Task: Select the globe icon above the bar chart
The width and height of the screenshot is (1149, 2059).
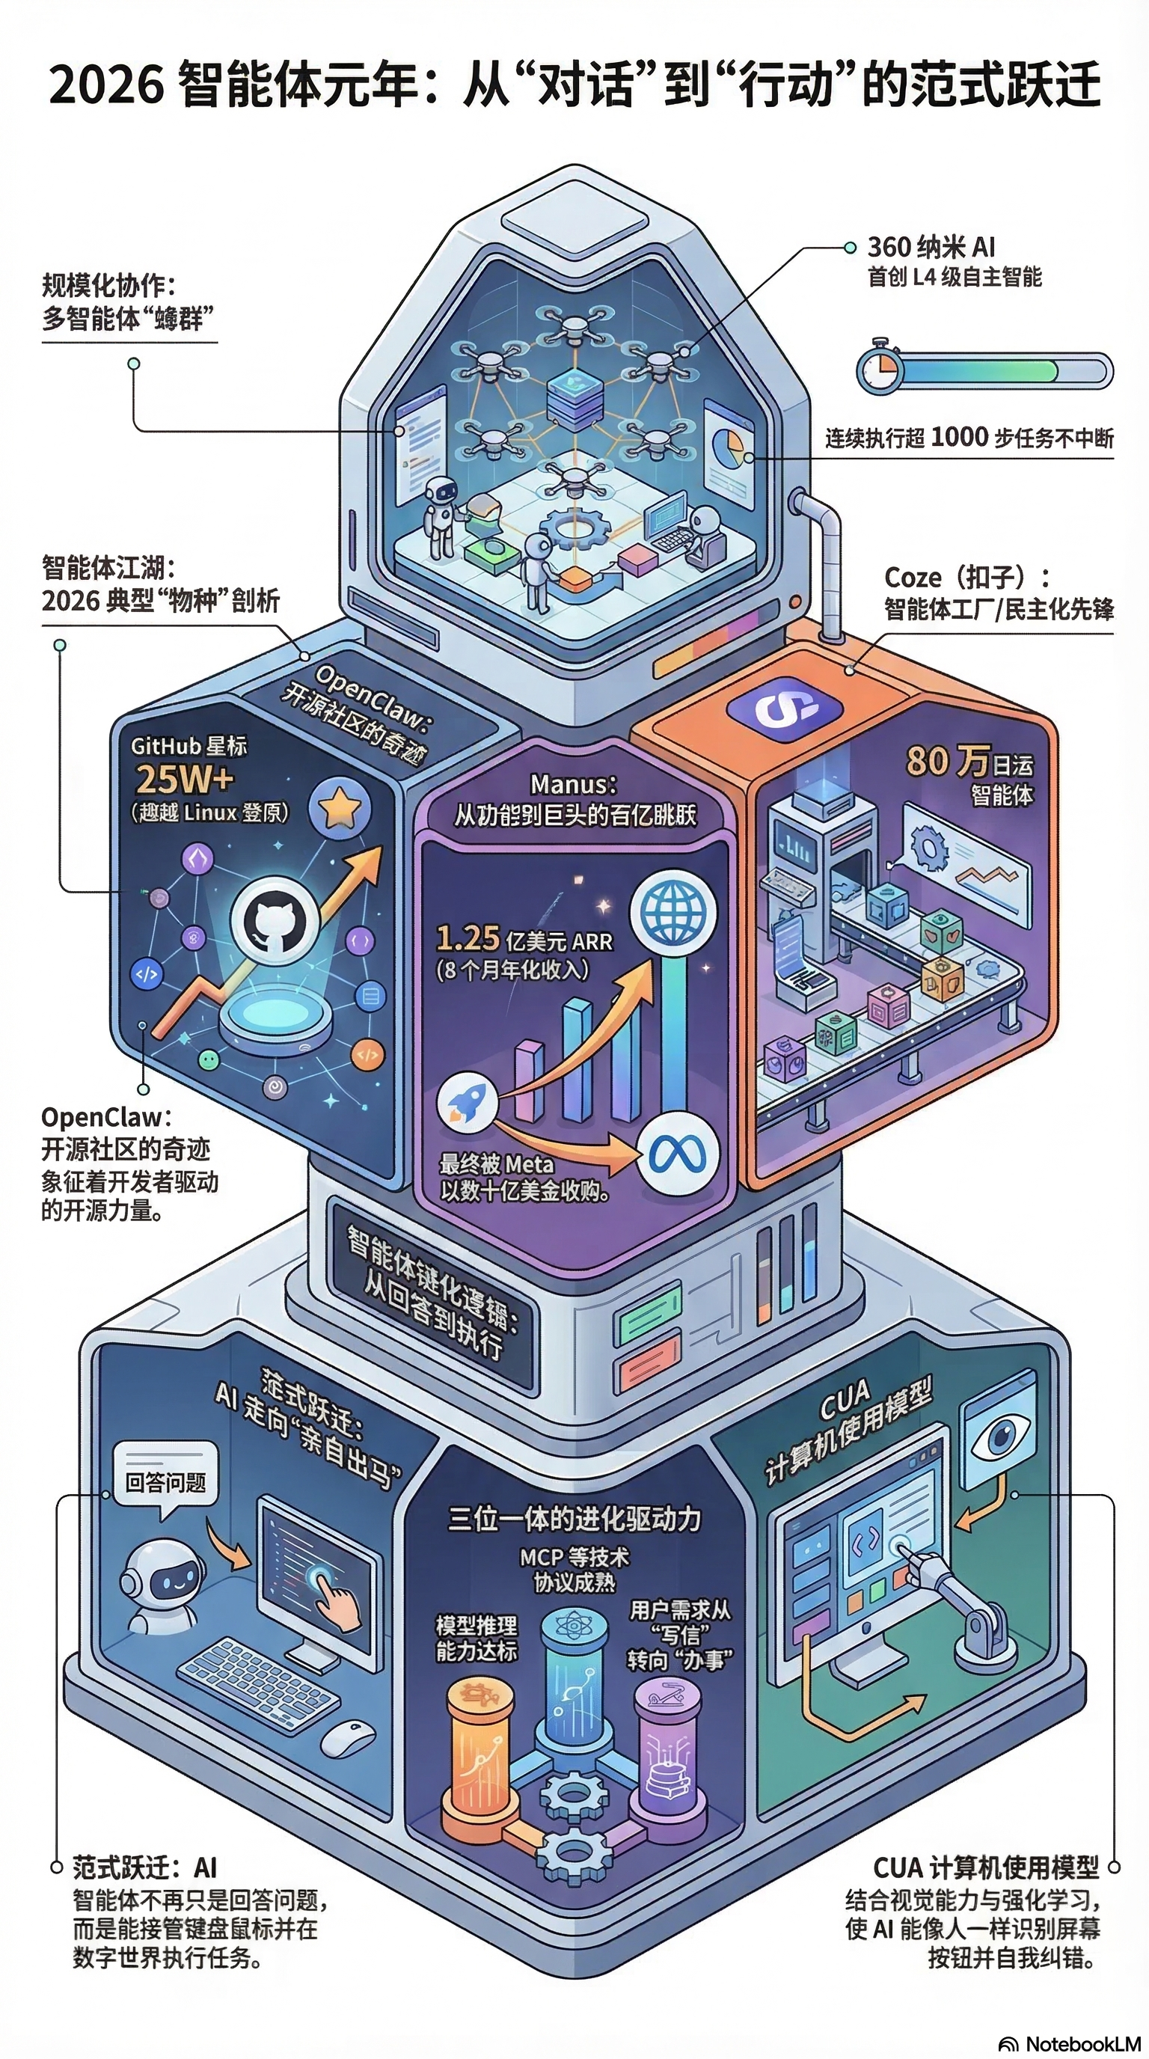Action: tap(672, 914)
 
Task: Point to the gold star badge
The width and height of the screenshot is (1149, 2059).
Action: tap(340, 808)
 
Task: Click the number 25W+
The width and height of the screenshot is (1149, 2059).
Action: tap(186, 779)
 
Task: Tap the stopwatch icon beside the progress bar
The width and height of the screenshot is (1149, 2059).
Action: tap(880, 367)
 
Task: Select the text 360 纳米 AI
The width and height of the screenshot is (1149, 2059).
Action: tap(931, 247)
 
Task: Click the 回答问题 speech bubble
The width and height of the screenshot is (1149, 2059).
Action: tap(165, 1482)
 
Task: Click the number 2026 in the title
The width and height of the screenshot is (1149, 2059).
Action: tap(107, 85)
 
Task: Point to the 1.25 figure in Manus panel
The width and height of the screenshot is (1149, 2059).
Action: tap(468, 938)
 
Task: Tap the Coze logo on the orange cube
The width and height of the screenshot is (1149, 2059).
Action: tap(785, 707)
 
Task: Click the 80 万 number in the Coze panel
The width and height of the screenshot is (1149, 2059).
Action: tap(948, 761)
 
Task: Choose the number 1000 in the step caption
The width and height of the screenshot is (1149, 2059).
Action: tap(959, 436)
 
